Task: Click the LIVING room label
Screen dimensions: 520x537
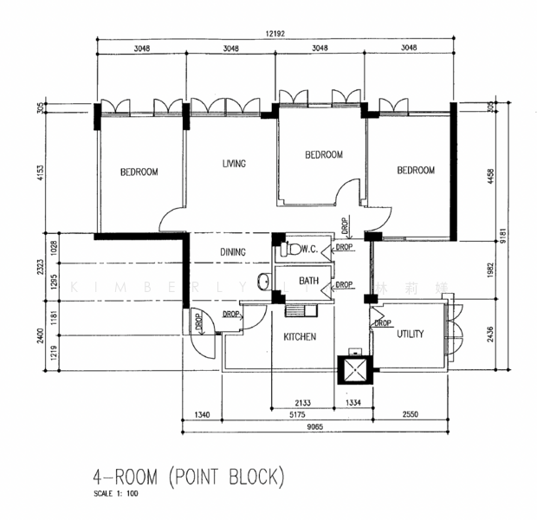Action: point(234,163)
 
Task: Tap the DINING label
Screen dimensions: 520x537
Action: point(232,252)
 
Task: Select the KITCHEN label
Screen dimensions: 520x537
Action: point(299,336)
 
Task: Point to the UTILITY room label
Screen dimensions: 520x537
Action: point(411,334)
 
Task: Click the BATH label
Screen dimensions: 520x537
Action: point(308,281)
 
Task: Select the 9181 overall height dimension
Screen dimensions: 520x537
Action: point(514,232)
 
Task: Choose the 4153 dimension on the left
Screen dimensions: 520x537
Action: point(41,173)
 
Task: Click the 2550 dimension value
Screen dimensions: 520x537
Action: point(410,415)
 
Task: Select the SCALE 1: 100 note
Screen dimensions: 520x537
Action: point(117,494)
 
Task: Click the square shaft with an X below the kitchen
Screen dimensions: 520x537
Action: point(353,371)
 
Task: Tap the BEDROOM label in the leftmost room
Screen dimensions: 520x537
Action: point(139,172)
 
